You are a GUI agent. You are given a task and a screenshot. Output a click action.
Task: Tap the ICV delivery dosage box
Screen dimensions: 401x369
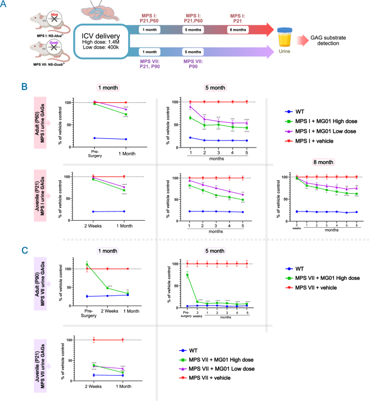[101, 41]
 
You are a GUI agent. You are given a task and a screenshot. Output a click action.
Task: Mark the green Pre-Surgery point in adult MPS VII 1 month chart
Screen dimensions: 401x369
[86, 265]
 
